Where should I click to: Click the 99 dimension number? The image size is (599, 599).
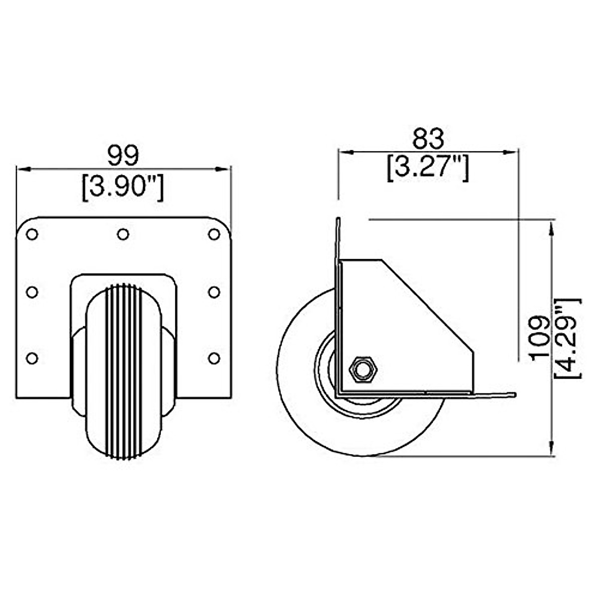(x=123, y=156)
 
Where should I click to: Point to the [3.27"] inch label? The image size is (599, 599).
(x=428, y=169)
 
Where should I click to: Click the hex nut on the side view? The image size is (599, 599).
(x=363, y=370)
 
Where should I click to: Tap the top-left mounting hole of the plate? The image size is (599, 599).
(x=32, y=234)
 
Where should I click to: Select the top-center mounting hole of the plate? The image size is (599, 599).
(x=123, y=234)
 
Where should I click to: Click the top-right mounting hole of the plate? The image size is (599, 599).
(x=214, y=234)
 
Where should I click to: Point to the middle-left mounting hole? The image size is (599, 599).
(x=32, y=293)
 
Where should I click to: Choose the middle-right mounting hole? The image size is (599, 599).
(x=214, y=293)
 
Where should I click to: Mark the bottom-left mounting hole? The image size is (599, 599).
(x=32, y=358)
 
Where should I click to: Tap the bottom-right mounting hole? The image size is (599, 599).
(x=214, y=358)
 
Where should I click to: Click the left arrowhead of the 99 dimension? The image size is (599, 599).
(x=23, y=169)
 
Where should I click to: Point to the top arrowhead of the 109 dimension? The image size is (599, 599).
(x=551, y=228)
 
